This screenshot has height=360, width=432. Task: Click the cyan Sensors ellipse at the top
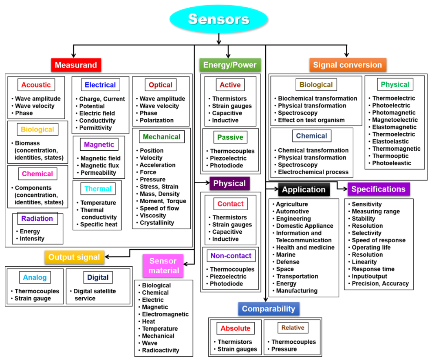click(x=218, y=19)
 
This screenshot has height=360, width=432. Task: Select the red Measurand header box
click(x=76, y=65)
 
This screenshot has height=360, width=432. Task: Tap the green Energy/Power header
click(x=230, y=65)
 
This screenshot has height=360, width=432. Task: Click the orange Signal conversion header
click(x=347, y=65)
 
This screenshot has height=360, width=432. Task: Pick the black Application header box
click(x=304, y=190)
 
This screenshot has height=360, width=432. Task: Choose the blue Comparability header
click(x=269, y=309)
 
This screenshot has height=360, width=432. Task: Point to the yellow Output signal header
click(x=74, y=257)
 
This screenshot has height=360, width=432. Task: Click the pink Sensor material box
click(x=163, y=266)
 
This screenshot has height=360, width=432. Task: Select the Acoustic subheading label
click(x=36, y=85)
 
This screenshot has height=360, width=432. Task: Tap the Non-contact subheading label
click(x=231, y=256)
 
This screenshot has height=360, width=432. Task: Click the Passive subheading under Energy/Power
click(x=230, y=137)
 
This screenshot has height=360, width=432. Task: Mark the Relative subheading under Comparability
click(x=293, y=328)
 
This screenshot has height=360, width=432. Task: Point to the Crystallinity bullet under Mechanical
click(x=156, y=223)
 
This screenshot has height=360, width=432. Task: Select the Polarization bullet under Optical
click(x=156, y=121)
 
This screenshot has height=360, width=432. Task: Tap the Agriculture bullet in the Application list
click(x=292, y=204)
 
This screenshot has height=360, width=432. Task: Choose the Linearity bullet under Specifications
click(x=364, y=262)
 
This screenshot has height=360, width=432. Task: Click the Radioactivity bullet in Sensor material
click(x=160, y=350)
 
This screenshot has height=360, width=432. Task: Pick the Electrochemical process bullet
click(x=313, y=172)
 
